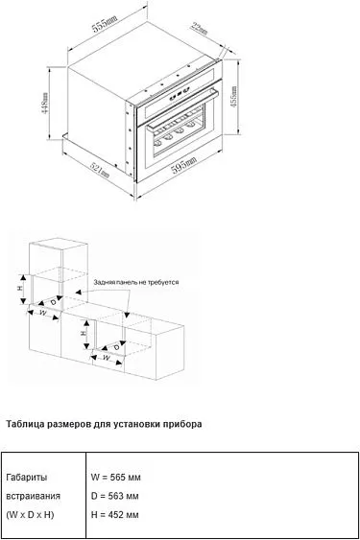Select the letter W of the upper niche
tap(41, 312)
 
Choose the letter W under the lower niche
tap(108, 360)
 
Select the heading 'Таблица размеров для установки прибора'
tap(104, 423)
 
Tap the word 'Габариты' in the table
tap(26, 477)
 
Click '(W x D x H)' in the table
tap(30, 515)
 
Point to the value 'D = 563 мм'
tap(114, 496)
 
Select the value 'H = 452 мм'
tap(114, 515)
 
